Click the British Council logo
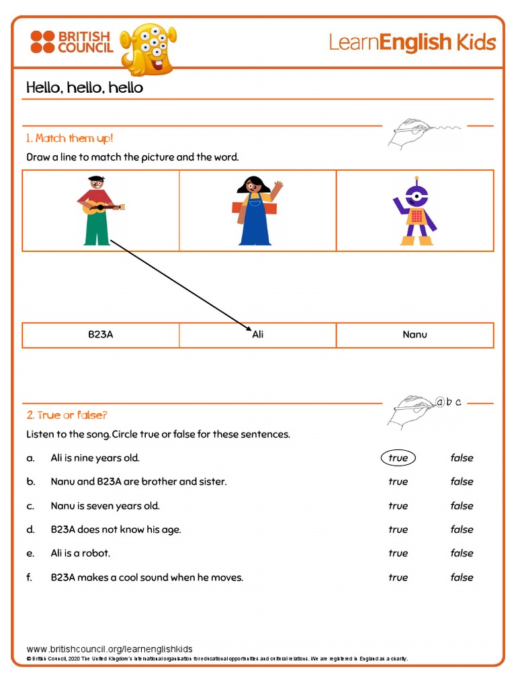click(x=71, y=42)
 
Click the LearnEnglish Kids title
click(x=412, y=43)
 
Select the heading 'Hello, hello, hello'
click(x=85, y=88)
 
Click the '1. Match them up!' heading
click(x=70, y=138)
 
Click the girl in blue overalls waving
click(x=256, y=210)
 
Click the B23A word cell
click(x=100, y=335)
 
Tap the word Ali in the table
click(x=258, y=335)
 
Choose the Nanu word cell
click(x=415, y=335)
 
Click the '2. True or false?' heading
click(x=67, y=415)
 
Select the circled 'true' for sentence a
click(x=398, y=458)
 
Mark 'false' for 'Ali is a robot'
click(x=462, y=554)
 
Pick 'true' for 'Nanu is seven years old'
click(x=398, y=506)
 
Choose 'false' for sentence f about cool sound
click(x=462, y=578)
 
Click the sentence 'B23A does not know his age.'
click(x=116, y=529)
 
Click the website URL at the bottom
click(x=110, y=649)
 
